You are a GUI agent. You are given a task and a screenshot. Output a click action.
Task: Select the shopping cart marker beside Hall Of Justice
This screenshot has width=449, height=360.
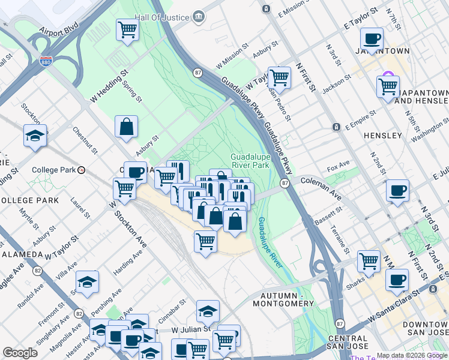(x=127, y=29)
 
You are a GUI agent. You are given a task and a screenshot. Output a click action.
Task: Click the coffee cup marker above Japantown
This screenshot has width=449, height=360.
(x=372, y=39)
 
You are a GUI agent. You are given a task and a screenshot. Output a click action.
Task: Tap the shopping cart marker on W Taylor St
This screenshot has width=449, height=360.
(x=279, y=77)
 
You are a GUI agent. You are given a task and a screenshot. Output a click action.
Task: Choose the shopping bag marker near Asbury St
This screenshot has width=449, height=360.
(x=127, y=127)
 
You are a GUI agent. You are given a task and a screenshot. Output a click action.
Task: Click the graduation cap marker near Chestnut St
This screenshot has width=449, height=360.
(x=35, y=136)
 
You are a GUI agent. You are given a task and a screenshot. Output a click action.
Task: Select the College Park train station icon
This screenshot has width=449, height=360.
(x=81, y=170)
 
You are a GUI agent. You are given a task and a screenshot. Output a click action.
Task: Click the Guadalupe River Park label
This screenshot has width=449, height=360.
(x=249, y=161)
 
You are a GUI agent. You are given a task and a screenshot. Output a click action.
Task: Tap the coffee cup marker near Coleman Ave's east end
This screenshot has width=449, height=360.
(x=397, y=191)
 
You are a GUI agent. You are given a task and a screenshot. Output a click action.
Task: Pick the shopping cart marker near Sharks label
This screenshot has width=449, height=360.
(x=369, y=261)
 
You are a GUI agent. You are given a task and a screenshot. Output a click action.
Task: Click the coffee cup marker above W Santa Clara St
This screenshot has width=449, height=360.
(x=397, y=280)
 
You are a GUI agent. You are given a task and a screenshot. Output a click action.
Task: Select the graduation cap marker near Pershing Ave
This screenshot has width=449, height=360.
(x=88, y=281)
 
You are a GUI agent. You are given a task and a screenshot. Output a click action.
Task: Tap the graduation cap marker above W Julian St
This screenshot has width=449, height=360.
(x=208, y=311)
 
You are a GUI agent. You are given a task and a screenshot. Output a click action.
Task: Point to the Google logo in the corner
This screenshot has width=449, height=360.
(x=20, y=353)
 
